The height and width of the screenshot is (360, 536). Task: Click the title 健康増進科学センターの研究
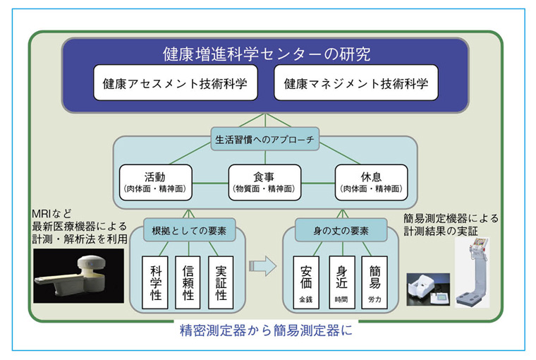pos(266,54)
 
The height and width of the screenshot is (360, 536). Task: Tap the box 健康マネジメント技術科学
pos(355,83)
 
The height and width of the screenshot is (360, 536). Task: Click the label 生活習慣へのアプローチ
pos(265,139)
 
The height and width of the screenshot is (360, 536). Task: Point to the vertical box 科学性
pos(156,282)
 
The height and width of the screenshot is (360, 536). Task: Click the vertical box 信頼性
pos(188,282)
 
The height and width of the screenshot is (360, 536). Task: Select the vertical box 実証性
pos(221,282)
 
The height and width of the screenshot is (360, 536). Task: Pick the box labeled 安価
pos(305,282)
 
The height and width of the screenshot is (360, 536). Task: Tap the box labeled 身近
pos(341,282)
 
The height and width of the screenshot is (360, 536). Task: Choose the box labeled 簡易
pos(374,282)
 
